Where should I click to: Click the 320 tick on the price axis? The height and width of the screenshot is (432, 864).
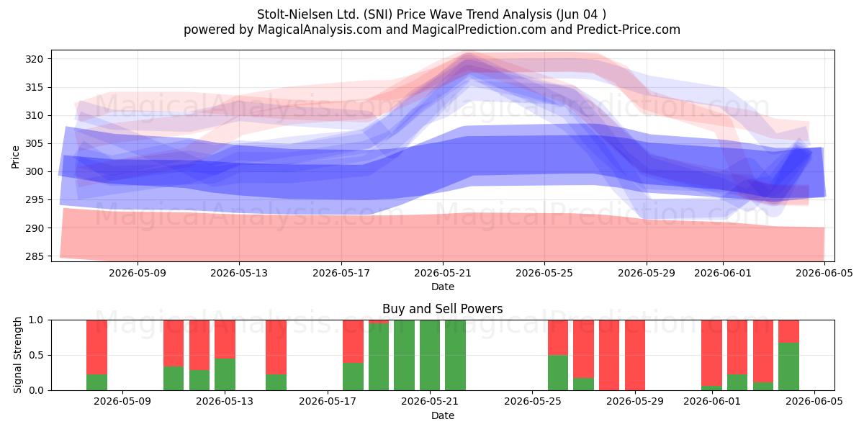click(35, 59)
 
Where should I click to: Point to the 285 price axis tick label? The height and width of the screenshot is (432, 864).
click(35, 256)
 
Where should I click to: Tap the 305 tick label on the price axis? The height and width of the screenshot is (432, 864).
click(35, 143)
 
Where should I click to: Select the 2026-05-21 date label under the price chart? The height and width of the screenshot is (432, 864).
click(442, 273)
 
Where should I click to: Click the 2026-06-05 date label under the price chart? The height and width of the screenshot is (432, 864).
click(824, 273)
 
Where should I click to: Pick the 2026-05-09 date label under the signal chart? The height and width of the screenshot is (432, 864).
click(122, 402)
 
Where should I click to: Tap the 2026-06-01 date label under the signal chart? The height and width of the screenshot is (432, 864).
click(712, 402)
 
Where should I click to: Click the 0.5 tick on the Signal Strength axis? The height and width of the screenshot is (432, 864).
click(36, 355)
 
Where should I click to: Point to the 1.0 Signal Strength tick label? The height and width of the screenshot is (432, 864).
click(36, 320)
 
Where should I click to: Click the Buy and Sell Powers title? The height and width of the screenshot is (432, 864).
click(442, 309)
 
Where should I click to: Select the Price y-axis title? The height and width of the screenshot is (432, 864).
click(15, 158)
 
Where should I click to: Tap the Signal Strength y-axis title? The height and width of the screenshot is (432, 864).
click(17, 355)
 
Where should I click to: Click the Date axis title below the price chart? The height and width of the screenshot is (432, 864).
click(442, 287)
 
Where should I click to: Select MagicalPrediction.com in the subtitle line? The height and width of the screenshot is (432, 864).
click(479, 30)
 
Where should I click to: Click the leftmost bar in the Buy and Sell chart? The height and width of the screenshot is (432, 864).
click(96, 355)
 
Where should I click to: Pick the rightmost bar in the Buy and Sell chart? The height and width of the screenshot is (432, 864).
click(789, 355)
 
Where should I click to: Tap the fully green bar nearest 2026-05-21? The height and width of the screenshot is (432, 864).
click(430, 355)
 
